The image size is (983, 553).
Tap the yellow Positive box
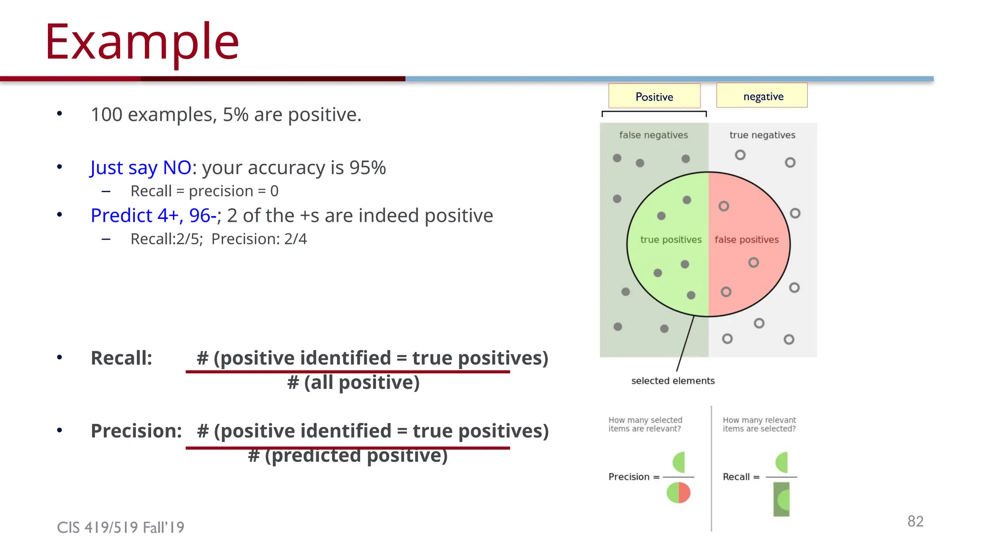pos(654,96)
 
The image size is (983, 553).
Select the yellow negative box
pos(762,96)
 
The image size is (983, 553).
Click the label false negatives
pos(653,135)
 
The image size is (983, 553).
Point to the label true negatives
pos(762,135)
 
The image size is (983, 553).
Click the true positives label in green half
pos(671,240)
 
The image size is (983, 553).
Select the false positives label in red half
pos(746,240)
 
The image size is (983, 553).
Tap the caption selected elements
pos(672,381)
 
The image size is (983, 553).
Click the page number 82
pos(915,521)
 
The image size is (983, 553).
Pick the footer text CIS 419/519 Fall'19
pos(120,528)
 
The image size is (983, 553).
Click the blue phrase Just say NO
pos(141,168)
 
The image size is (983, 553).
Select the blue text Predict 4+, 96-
pos(154,216)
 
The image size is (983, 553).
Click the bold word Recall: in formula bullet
pos(121,358)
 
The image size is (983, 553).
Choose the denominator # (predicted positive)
pos(348,456)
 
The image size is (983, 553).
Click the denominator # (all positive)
pos(353,383)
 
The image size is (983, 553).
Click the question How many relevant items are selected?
pos(759,424)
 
